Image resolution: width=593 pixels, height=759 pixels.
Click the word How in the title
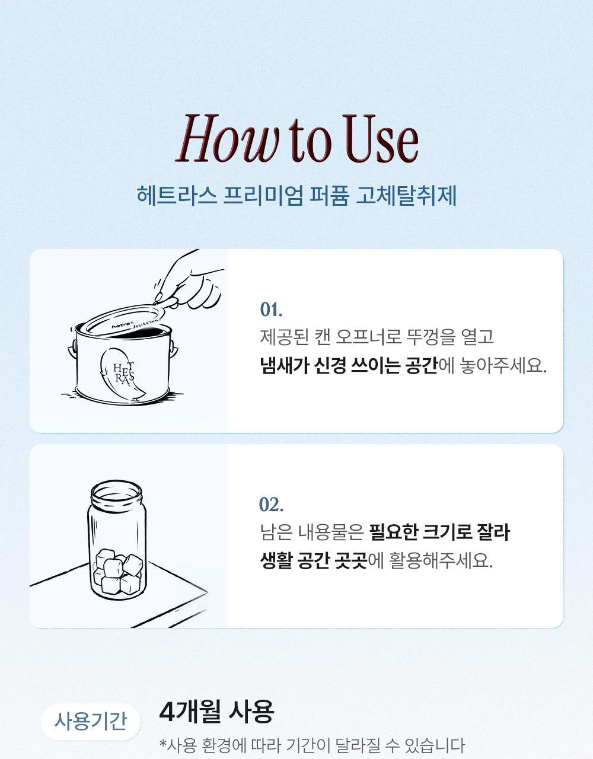click(x=228, y=138)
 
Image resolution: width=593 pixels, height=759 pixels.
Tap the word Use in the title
click(x=381, y=139)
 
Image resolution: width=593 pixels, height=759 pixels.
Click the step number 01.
click(x=272, y=310)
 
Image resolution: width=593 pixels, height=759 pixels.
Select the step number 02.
click(x=272, y=505)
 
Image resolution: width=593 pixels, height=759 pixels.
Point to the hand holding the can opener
click(x=192, y=283)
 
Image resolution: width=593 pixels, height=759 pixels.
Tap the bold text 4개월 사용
click(x=216, y=711)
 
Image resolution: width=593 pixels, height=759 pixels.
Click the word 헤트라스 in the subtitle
click(x=176, y=195)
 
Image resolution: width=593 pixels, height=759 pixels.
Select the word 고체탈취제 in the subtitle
click(x=406, y=195)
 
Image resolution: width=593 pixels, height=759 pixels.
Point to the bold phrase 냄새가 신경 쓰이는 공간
click(x=349, y=366)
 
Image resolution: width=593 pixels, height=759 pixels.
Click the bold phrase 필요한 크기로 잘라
click(x=439, y=532)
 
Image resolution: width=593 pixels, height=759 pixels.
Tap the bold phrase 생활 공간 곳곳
click(x=314, y=561)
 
